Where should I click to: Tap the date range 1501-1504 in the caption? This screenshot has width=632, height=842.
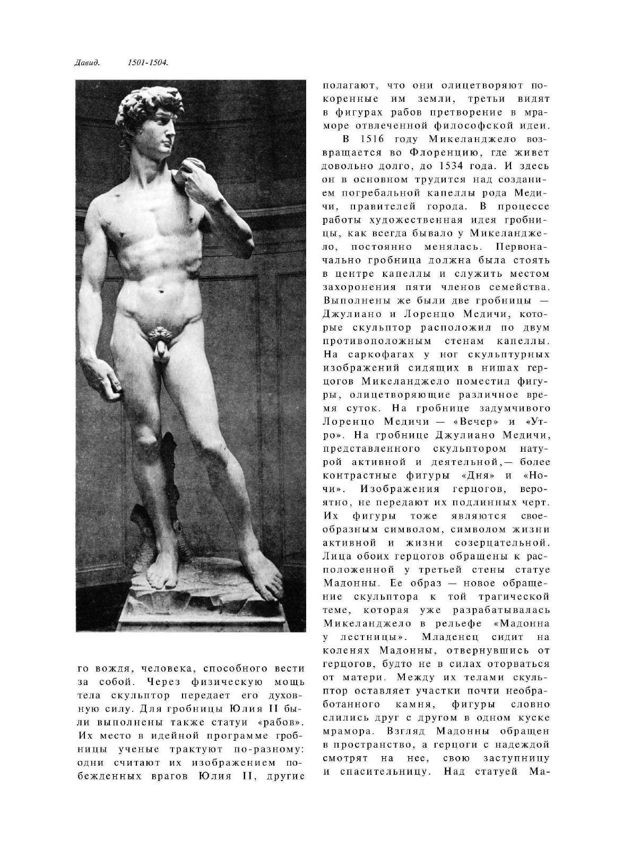(x=148, y=63)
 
